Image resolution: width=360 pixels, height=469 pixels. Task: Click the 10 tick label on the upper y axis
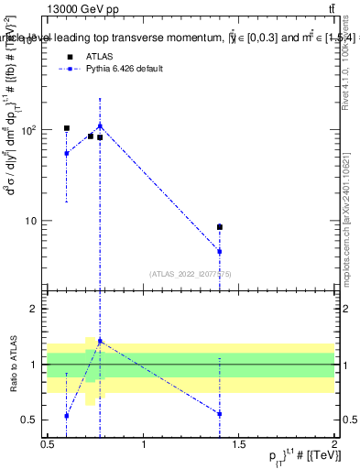point(33,221)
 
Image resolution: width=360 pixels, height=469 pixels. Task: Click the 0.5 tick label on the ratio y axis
point(33,420)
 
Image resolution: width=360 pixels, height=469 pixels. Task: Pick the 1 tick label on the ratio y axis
point(37,365)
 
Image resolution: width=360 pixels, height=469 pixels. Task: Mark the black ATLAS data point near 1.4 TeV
point(220,227)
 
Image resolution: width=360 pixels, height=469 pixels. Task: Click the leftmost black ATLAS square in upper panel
point(67,128)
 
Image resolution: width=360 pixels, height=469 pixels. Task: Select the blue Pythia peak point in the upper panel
point(100,126)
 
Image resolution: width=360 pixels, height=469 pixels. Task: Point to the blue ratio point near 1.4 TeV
point(220,414)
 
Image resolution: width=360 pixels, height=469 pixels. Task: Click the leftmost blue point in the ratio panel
point(67,416)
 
